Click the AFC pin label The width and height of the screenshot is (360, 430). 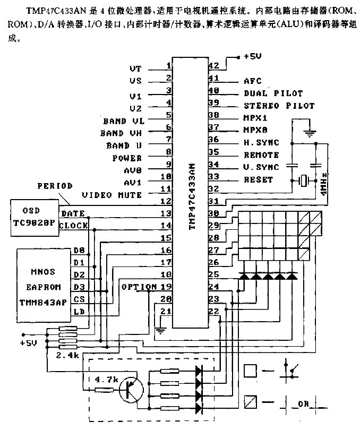click(x=252, y=81)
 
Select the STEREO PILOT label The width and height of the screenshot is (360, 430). click(x=279, y=106)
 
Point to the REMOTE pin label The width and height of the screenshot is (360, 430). click(x=261, y=155)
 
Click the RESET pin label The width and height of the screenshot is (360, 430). click(x=258, y=180)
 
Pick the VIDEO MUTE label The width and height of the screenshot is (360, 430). click(x=112, y=195)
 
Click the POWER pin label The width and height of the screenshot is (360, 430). click(x=127, y=158)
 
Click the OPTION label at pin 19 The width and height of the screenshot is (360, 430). click(x=139, y=286)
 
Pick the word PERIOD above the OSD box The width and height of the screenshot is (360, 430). click(x=55, y=186)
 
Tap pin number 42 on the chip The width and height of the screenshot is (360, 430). click(x=214, y=66)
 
